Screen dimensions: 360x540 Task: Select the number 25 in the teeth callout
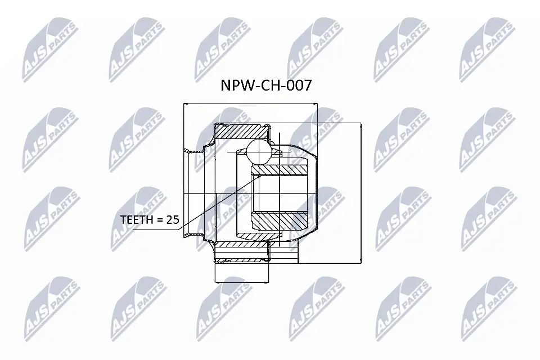(x=172, y=220)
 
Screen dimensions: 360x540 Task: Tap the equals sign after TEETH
(x=160, y=220)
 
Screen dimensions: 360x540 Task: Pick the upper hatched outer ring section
(x=241, y=132)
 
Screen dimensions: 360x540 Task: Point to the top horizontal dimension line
(x=250, y=104)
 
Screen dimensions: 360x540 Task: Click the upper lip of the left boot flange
(x=193, y=151)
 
